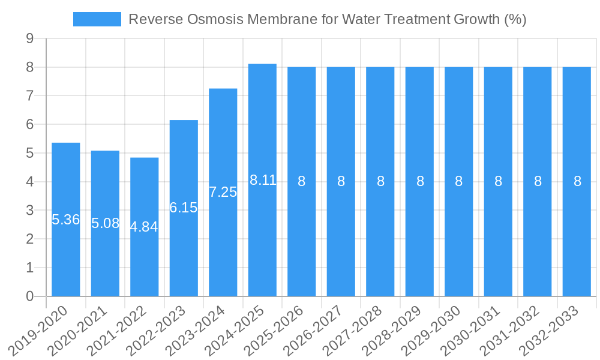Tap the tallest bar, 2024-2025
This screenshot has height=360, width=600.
262,240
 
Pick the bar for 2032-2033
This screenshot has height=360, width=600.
577,240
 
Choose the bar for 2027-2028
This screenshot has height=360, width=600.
380,240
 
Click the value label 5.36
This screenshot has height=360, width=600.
66,220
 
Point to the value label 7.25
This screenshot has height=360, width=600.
223,192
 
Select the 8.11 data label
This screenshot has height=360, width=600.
263,180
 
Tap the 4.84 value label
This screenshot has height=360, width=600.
144,227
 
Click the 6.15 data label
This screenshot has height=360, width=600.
184,208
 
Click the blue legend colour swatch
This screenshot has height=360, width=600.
97,19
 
